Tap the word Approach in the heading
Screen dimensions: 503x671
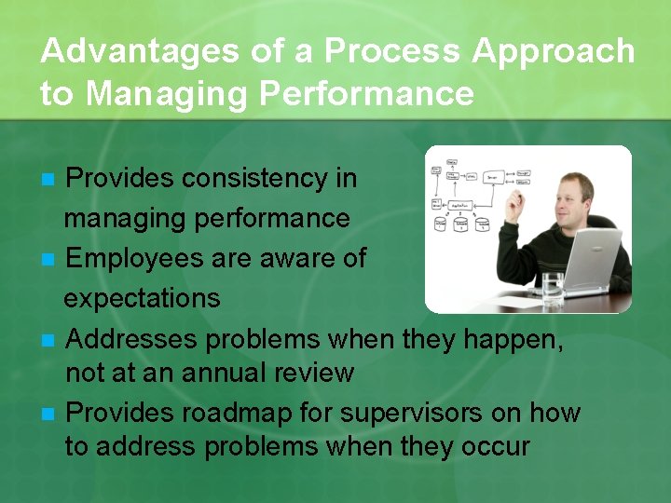554,51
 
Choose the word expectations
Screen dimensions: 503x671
142,298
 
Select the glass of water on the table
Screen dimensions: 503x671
554,290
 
